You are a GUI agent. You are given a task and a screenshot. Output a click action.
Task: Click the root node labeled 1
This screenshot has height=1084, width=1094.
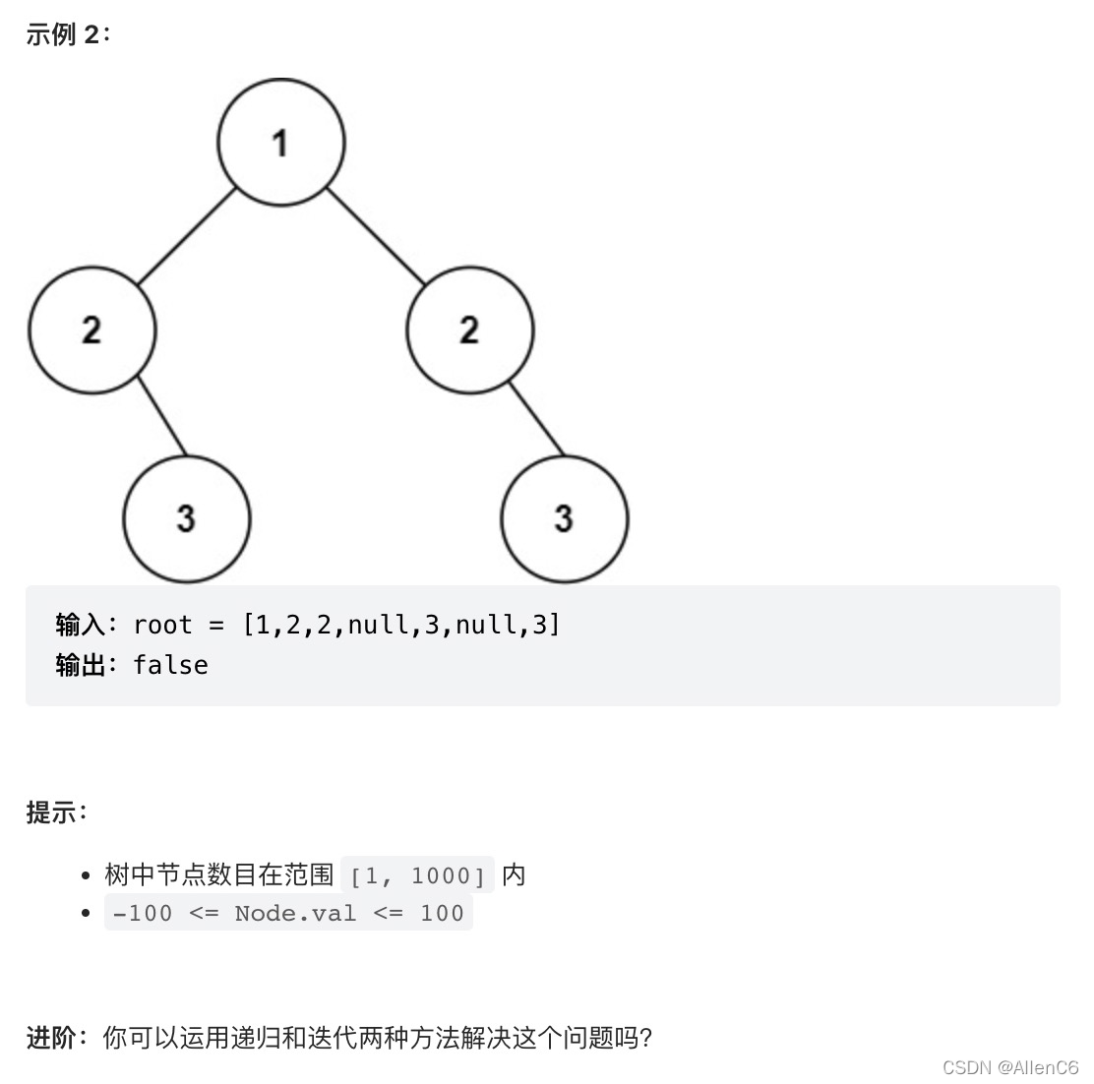tap(281, 143)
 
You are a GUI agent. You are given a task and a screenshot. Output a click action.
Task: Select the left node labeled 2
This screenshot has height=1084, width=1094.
tap(92, 330)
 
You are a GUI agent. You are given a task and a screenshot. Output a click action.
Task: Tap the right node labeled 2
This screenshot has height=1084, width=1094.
tap(470, 330)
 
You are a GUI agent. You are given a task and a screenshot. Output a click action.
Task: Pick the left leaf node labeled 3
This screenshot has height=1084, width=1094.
tap(187, 518)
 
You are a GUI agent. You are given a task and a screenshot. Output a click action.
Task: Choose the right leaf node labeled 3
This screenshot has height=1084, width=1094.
tap(565, 518)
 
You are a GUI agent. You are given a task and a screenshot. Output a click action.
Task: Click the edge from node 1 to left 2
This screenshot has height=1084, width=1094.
tap(187, 236)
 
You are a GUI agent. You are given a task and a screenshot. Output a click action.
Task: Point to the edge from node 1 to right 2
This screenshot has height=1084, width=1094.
tap(376, 236)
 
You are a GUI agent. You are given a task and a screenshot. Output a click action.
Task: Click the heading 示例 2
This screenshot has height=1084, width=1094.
tap(68, 34)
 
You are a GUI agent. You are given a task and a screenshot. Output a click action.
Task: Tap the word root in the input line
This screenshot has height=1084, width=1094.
tap(162, 625)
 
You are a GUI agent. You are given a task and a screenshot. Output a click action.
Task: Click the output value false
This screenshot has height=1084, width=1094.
tap(170, 665)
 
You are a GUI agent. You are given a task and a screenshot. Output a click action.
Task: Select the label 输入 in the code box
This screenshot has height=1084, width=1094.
tap(80, 625)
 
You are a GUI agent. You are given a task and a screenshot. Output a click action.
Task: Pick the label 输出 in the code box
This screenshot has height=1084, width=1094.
tap(80, 665)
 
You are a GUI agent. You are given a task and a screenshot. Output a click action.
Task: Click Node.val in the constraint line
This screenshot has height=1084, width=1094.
tap(295, 913)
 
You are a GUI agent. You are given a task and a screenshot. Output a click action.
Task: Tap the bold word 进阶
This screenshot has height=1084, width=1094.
tap(51, 1037)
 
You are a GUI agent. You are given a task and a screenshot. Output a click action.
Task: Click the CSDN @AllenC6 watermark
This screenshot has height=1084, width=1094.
tap(1010, 1067)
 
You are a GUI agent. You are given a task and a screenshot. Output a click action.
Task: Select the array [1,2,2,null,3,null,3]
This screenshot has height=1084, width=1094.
tap(401, 625)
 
